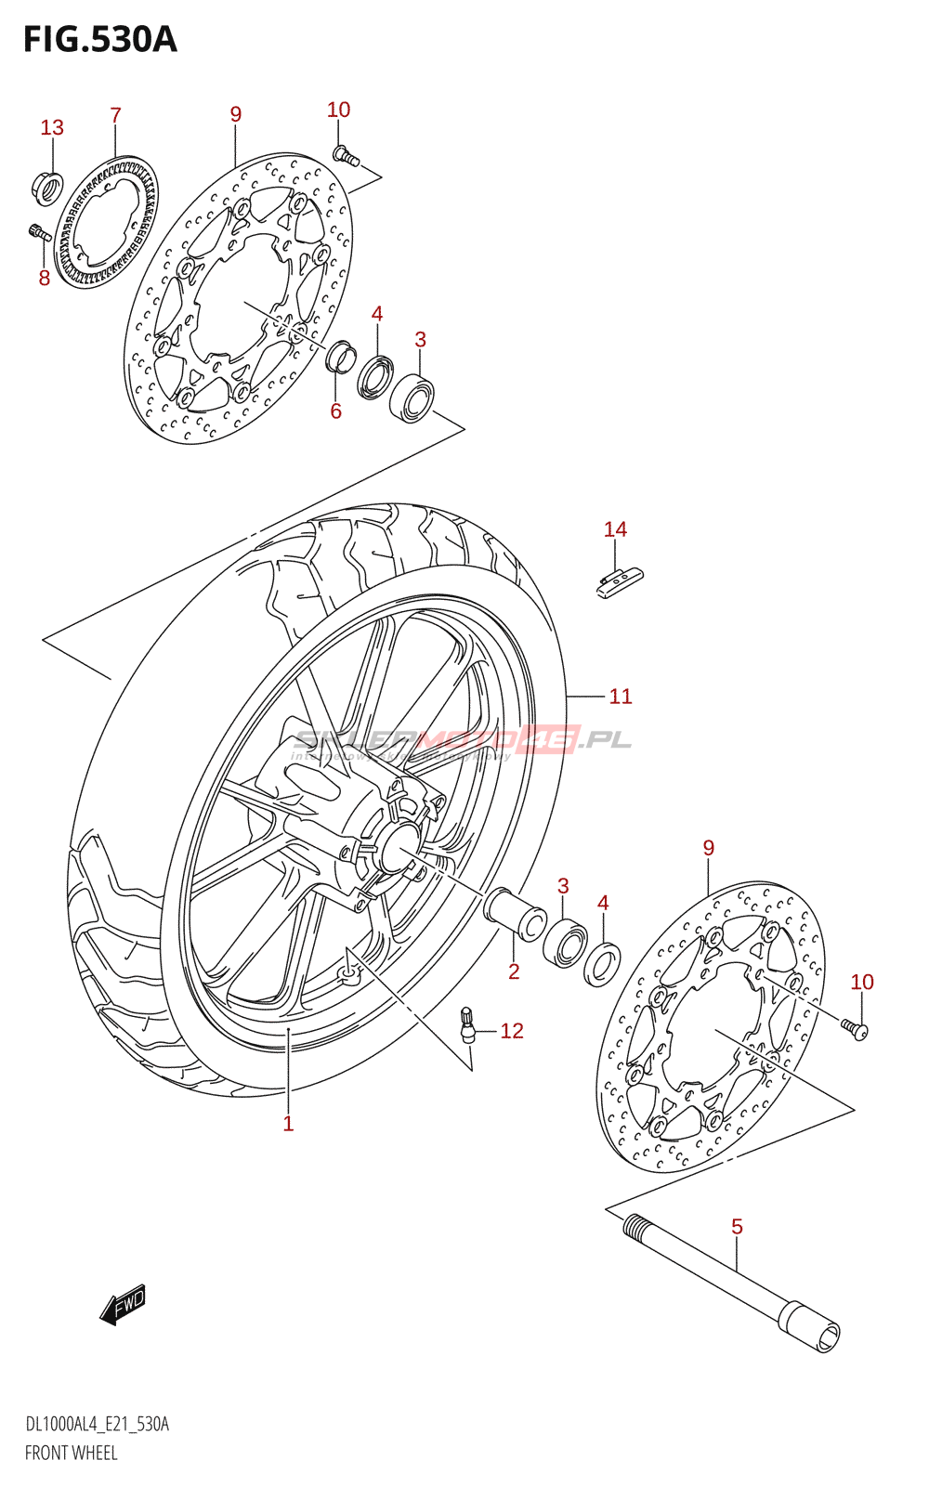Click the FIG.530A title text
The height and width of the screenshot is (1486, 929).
coord(99,40)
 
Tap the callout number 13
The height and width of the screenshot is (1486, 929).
coord(52,127)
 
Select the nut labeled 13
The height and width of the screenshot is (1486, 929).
coord(47,187)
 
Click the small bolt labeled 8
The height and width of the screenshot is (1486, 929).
coord(40,232)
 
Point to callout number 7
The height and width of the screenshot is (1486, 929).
coord(115,115)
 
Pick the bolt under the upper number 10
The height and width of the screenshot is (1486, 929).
coord(346,155)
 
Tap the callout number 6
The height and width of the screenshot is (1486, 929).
coord(336,411)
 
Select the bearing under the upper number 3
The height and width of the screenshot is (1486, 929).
coord(412,398)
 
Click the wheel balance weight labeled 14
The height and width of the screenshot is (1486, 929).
coord(619,580)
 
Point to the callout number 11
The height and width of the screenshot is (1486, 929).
coord(621,696)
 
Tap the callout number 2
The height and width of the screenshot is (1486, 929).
coord(514,971)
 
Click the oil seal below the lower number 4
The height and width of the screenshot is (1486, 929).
coord(602,963)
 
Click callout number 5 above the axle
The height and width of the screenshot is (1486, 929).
coord(737,1226)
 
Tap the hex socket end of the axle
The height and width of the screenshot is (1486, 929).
coord(824,1336)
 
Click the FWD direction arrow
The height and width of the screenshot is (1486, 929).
coord(123,1304)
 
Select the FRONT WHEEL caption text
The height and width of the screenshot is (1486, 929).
coord(72,1453)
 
